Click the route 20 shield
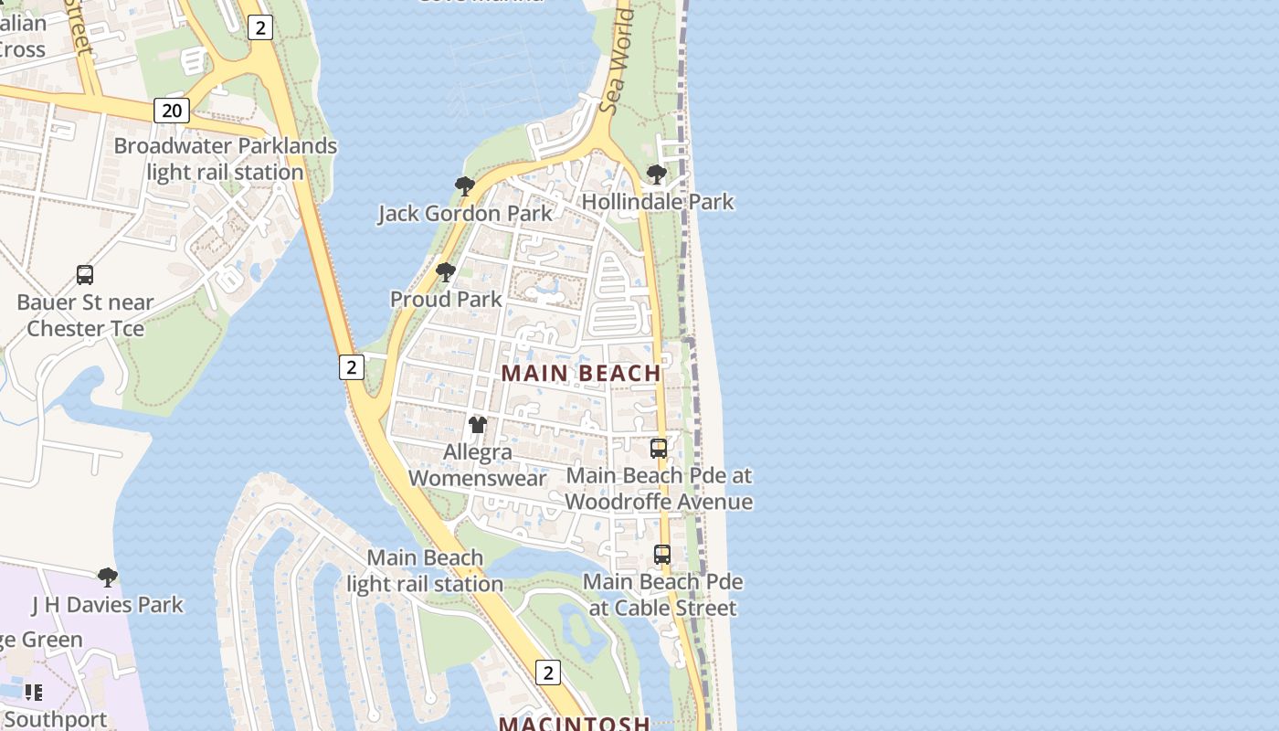(x=171, y=111)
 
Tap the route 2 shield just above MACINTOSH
(x=547, y=673)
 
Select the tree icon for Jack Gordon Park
(x=464, y=186)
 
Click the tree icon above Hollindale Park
(x=656, y=174)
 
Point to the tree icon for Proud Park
(x=445, y=271)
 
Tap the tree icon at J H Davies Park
(x=108, y=577)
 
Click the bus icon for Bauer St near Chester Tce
(x=85, y=274)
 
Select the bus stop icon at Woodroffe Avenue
(x=659, y=448)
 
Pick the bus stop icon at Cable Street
(x=662, y=554)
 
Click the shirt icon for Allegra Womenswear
(x=478, y=424)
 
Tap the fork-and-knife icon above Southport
(x=34, y=692)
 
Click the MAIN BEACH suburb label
(x=581, y=373)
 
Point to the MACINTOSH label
(x=574, y=723)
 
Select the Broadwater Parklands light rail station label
(x=226, y=159)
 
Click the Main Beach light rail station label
(x=425, y=570)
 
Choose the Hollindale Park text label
(x=658, y=201)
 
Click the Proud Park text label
(x=446, y=299)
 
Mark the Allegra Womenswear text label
(x=478, y=464)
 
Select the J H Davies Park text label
(x=108, y=604)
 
